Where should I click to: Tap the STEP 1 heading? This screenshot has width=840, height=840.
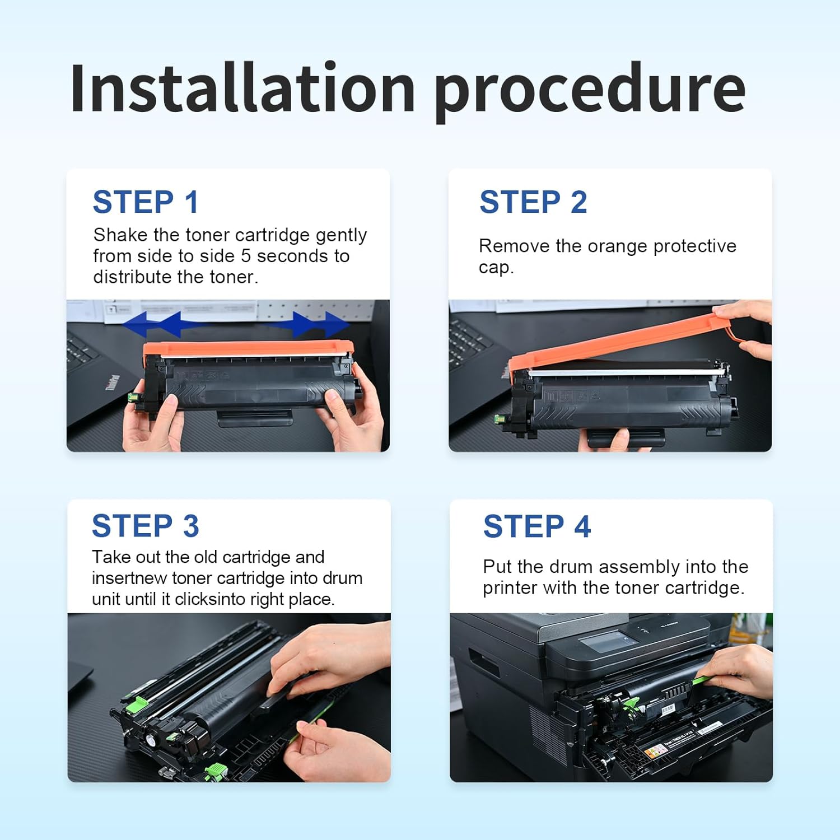146,202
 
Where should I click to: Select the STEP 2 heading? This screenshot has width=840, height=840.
533,202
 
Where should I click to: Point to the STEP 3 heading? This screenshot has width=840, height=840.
146,526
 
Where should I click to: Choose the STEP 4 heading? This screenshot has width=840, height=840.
537,526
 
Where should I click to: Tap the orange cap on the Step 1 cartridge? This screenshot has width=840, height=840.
248,350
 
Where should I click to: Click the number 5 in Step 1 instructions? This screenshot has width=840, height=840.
246,256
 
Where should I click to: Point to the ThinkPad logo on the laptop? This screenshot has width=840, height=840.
113,382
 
